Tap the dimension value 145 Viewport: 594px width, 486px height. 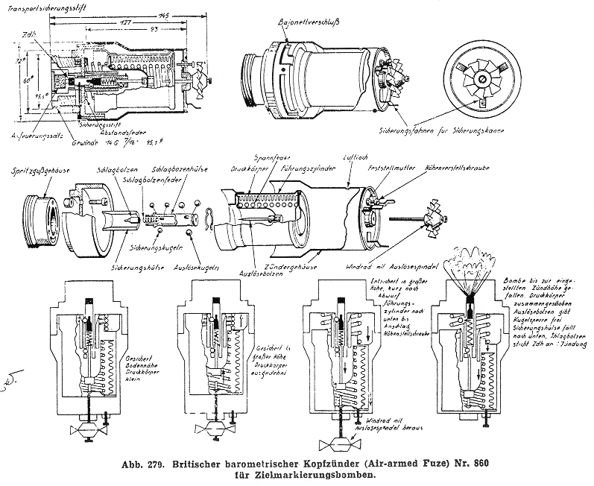pyautogui.click(x=162, y=16)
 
